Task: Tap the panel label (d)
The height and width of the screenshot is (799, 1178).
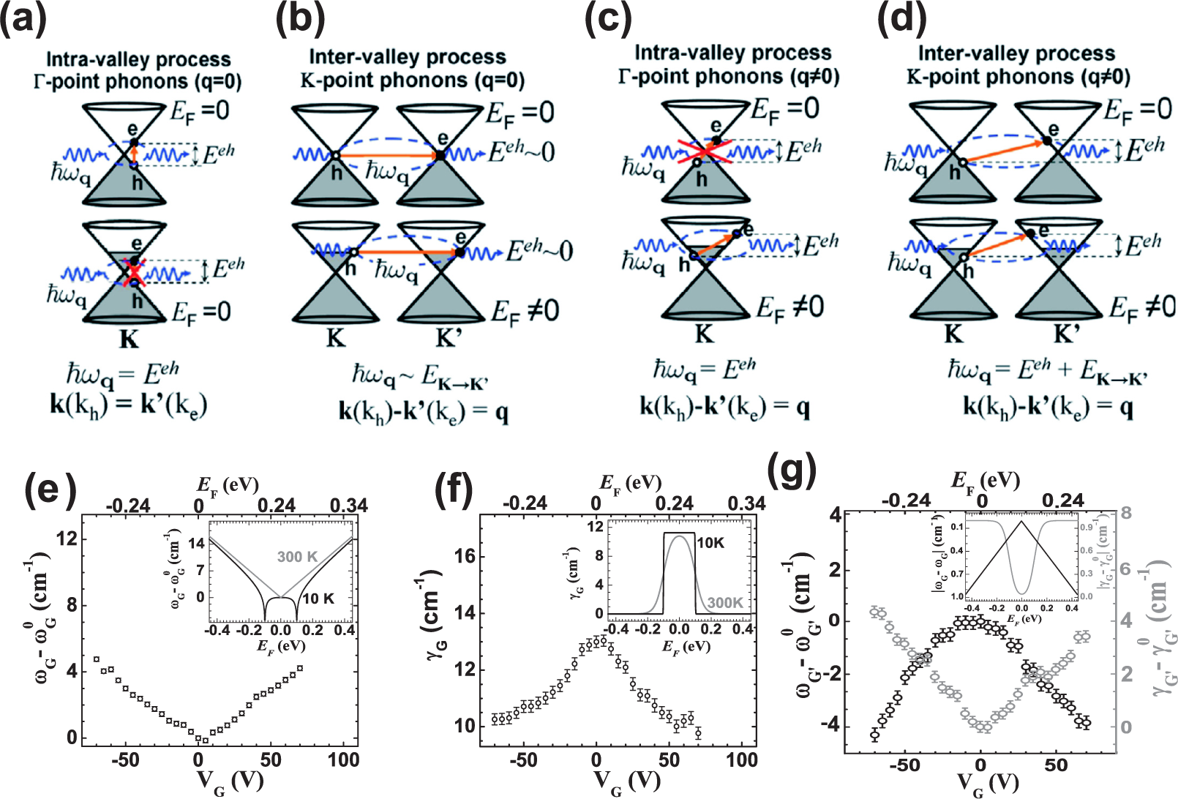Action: [901, 18]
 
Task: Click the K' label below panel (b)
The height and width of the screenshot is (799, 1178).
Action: [449, 338]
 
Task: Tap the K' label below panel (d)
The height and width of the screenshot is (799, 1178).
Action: [1067, 334]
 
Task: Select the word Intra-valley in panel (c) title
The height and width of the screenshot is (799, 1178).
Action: [681, 53]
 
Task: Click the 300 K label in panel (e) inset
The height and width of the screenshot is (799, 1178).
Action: [297, 557]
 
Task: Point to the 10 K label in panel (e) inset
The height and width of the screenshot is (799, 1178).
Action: [318, 599]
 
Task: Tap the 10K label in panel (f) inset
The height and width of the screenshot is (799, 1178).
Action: [711, 543]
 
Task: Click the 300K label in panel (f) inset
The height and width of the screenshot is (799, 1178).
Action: [725, 602]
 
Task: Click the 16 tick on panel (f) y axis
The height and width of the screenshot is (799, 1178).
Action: [465, 556]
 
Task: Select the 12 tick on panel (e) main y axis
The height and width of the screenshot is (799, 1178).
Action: [67, 539]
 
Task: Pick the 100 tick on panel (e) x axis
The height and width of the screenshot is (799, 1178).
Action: [343, 759]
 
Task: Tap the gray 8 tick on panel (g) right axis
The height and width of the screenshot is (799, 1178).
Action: [1126, 513]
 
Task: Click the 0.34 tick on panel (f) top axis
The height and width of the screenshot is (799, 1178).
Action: [746, 503]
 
